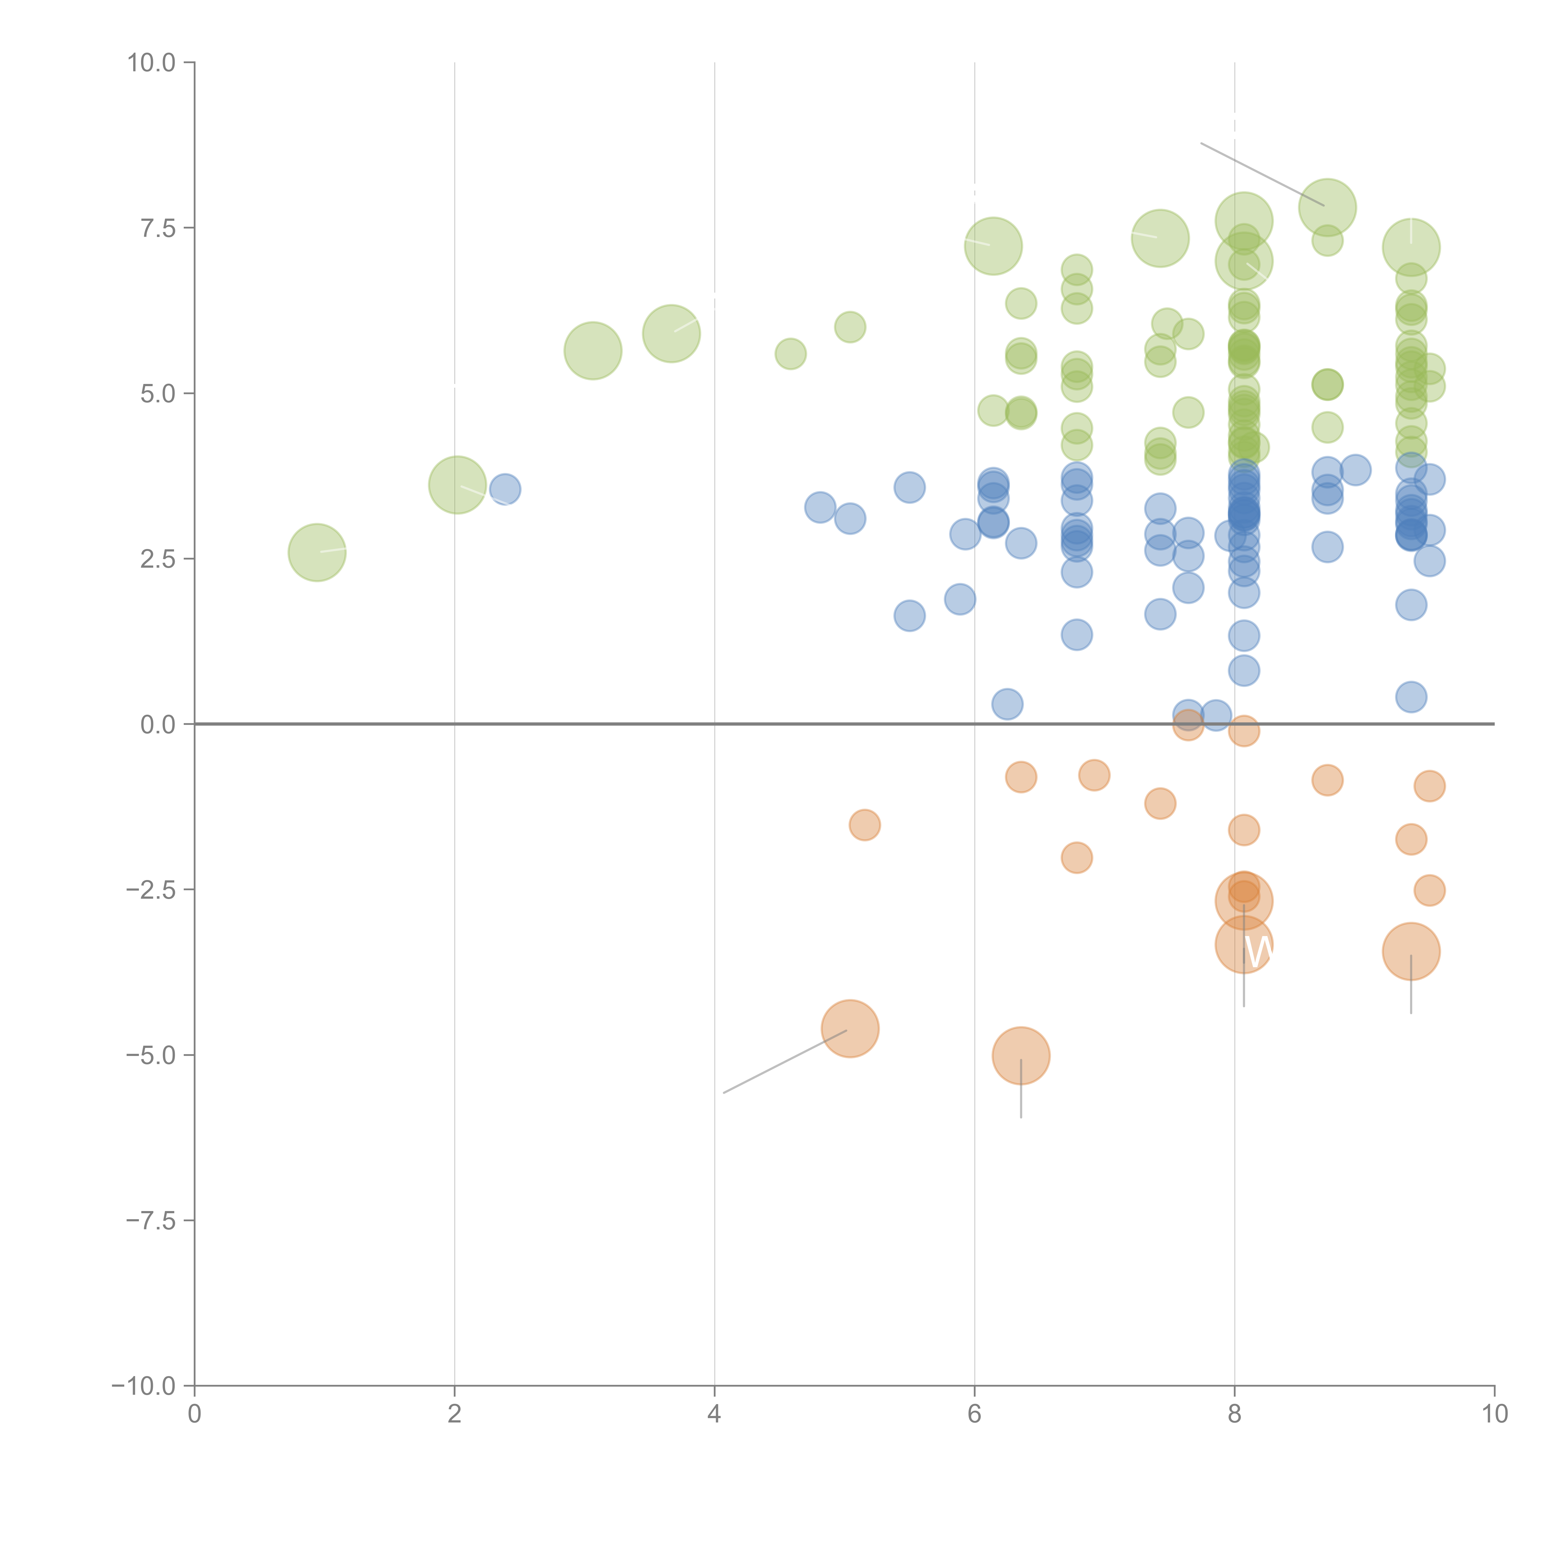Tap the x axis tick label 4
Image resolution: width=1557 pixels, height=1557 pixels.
(714, 1414)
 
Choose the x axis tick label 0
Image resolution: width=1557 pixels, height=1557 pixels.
(194, 1414)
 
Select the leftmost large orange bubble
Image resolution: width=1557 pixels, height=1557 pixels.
(849, 1028)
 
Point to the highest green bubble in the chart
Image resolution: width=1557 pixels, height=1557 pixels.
(1327, 207)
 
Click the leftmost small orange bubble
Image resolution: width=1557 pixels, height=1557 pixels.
(864, 825)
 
